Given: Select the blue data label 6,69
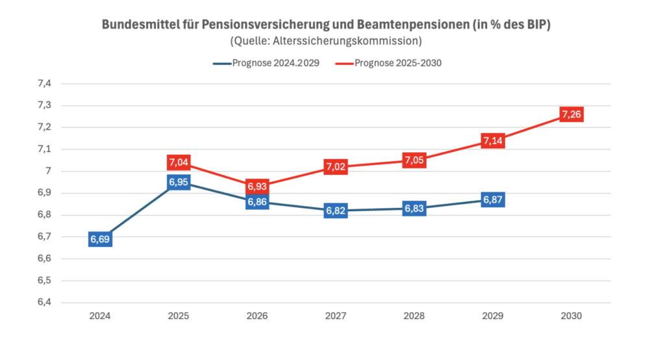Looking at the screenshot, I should pyautogui.click(x=100, y=240).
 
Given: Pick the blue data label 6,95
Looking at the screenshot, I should pyautogui.click(x=179, y=183).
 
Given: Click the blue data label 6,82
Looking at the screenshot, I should pyautogui.click(x=335, y=211).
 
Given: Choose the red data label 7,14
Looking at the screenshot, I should pyautogui.click(x=493, y=141).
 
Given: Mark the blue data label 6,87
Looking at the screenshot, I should pyautogui.click(x=493, y=199).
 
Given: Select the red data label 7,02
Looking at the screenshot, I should pyautogui.click(x=335, y=167).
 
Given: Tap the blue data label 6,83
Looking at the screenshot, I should pyautogui.click(x=414, y=209).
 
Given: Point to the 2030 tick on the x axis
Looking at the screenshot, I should pyautogui.click(x=571, y=316).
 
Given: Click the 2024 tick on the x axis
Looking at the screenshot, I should pyautogui.click(x=100, y=316).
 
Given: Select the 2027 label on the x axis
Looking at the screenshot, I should pyautogui.click(x=335, y=316).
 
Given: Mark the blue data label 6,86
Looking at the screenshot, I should pyautogui.click(x=257, y=203).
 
